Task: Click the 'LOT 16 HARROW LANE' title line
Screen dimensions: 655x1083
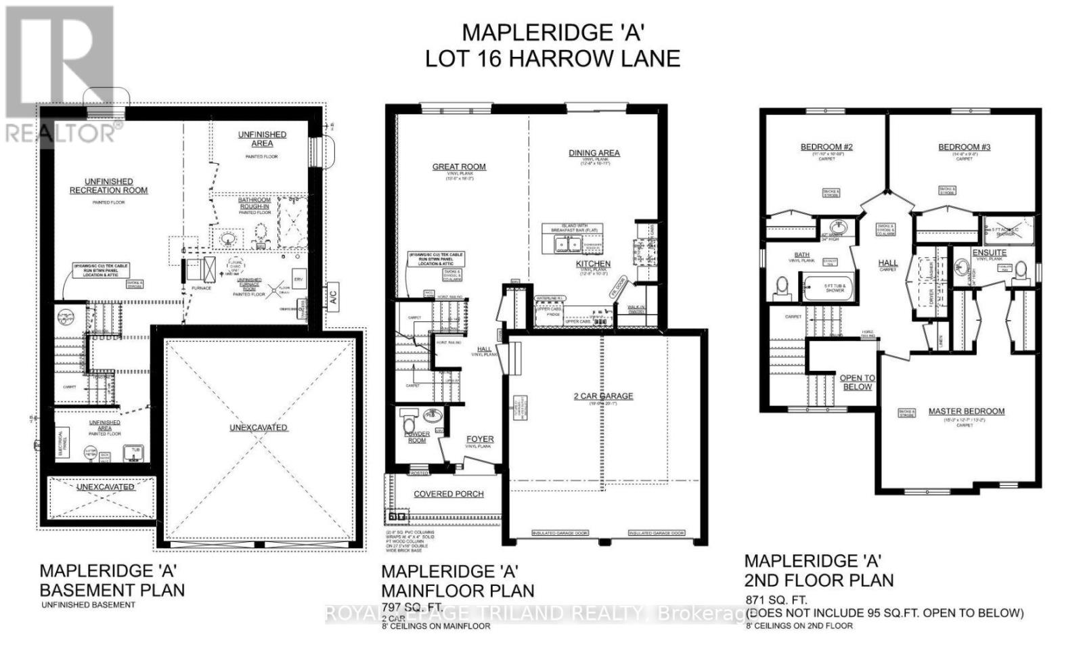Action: [x=552, y=58]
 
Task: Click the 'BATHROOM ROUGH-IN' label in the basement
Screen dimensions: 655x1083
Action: [x=254, y=204]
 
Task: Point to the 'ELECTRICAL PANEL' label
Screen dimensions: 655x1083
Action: [x=61, y=443]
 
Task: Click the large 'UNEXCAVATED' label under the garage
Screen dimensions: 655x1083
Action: [x=258, y=428]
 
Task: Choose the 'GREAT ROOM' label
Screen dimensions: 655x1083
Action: [x=459, y=166]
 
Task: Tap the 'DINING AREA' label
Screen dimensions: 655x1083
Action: [x=594, y=153]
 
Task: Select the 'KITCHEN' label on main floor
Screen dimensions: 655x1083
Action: [x=593, y=264]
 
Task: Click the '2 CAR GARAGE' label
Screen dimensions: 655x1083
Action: [x=603, y=396]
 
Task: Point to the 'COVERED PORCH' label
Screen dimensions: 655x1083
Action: [x=449, y=494]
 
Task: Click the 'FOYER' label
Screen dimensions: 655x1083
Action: [x=479, y=439]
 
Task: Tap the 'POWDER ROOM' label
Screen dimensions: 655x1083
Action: [x=417, y=437]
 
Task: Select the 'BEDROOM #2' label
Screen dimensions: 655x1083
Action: [x=826, y=147]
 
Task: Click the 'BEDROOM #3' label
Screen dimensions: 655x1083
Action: [x=964, y=147]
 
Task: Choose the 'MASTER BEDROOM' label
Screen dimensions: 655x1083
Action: [x=966, y=411]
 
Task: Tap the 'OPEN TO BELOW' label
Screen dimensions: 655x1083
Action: [x=857, y=382]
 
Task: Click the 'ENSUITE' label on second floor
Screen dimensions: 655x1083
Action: [x=990, y=252]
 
